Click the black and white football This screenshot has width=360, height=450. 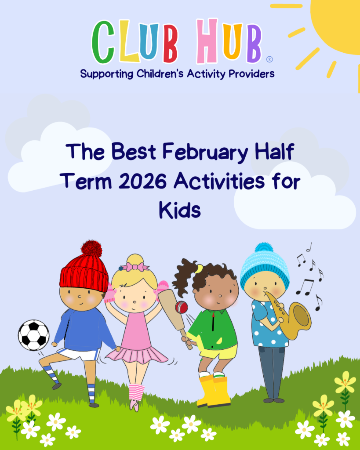(33, 335)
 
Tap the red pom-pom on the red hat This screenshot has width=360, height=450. (91, 249)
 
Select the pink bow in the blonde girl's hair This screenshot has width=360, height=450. (135, 267)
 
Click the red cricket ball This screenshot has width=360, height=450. (181, 307)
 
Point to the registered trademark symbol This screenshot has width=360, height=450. (269, 59)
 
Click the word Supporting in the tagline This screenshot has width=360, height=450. (107, 74)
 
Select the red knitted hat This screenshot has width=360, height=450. (84, 273)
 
